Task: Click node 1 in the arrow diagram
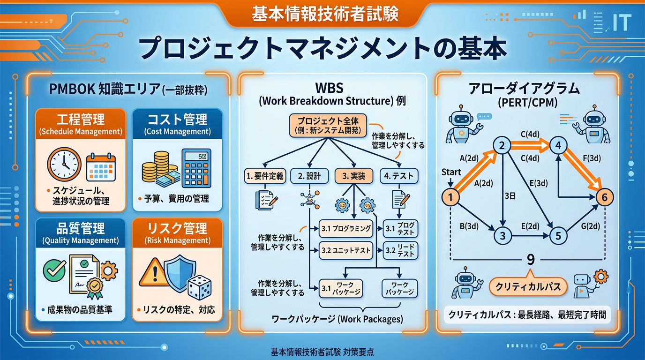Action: (450, 198)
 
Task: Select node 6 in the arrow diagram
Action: (604, 198)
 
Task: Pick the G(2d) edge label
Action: (590, 226)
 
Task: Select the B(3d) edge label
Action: (469, 226)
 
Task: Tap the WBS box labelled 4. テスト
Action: (399, 176)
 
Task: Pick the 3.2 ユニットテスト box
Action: (346, 250)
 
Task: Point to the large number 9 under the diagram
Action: (531, 259)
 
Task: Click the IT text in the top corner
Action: (622, 22)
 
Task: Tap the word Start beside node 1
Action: (451, 172)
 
